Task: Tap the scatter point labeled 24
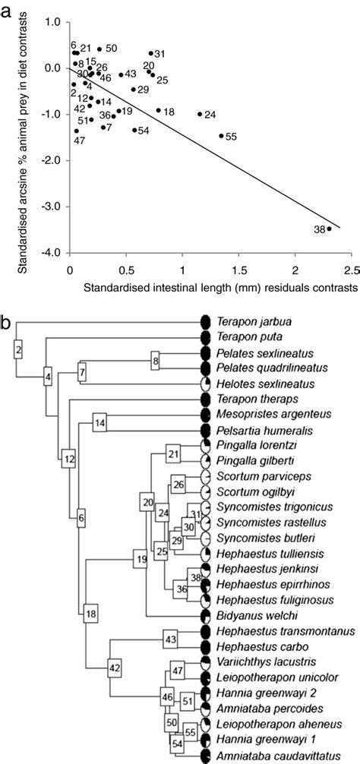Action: pos(200,114)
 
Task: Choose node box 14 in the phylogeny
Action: pos(101,422)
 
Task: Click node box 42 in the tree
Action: pos(115,668)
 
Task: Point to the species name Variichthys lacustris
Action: pos(252,661)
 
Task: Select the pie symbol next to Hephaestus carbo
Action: pos(204,646)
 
